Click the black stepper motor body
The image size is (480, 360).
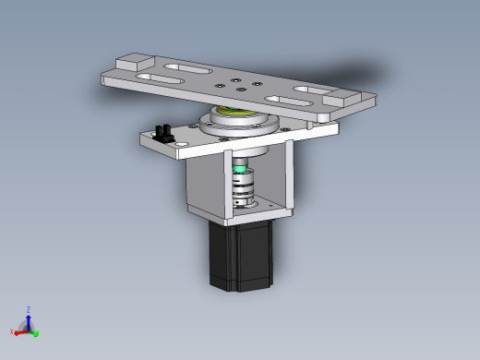click(x=241, y=256)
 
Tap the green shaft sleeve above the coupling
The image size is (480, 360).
click(x=240, y=169)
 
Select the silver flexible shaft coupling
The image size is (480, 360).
click(x=243, y=186)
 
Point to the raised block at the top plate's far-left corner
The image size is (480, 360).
click(x=135, y=62)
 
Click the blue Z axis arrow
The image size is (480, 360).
click(x=29, y=321)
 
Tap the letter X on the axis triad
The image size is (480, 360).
click(x=12, y=331)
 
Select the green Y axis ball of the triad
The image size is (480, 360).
click(x=36, y=333)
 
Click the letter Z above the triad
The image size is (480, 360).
click(x=29, y=309)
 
